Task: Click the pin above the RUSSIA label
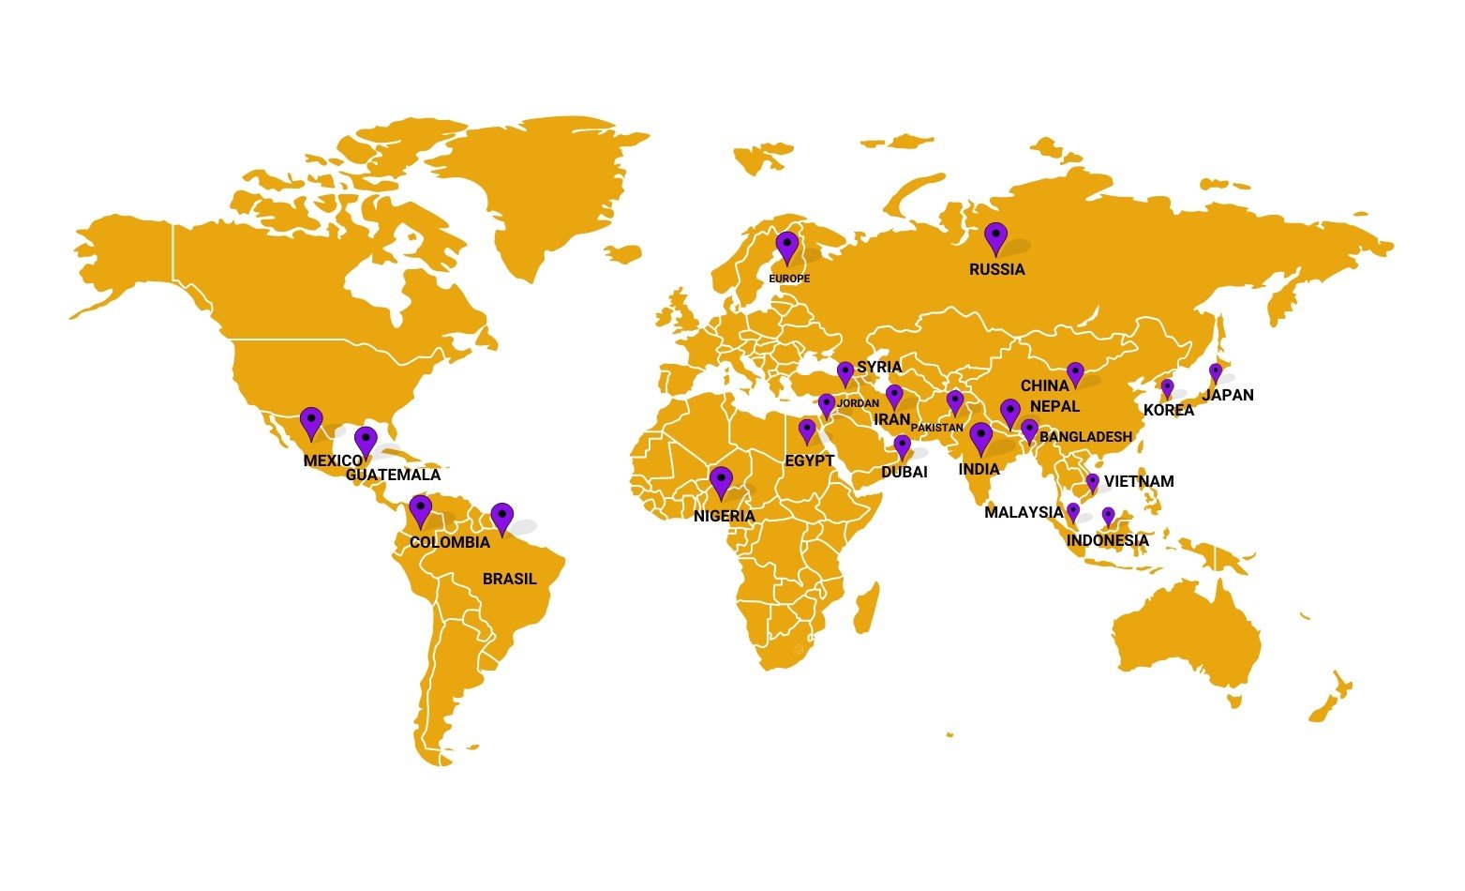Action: coord(995,237)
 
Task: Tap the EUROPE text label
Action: coord(789,279)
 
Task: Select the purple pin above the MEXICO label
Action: coord(311,422)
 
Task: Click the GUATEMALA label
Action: coord(393,475)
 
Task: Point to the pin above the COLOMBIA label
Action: coord(421,510)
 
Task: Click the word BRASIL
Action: coord(510,579)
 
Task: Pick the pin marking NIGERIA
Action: coord(721,482)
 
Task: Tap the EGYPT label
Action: coord(809,461)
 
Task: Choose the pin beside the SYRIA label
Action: coord(845,372)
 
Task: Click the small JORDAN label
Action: coord(858,403)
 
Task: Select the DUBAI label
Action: coord(904,472)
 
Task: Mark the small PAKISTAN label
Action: coord(937,428)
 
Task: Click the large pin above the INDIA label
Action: coord(980,437)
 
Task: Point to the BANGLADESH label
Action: coord(1086,436)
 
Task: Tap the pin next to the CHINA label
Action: coord(1075,373)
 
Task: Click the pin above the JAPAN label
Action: coord(1216,371)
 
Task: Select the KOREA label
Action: coord(1169,410)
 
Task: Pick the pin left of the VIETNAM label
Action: coord(1093,482)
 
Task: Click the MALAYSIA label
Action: coord(1024,512)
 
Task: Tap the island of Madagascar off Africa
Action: coord(868,596)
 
